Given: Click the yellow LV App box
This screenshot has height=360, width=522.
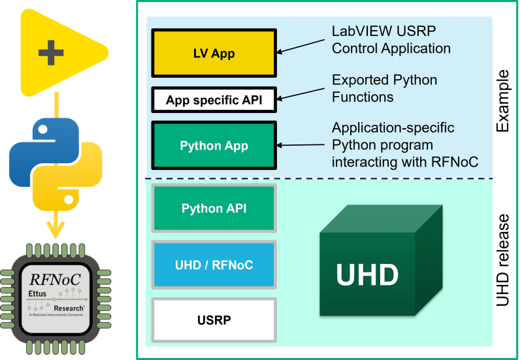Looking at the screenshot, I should point(214,53).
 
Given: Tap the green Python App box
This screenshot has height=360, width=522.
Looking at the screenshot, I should point(214,145).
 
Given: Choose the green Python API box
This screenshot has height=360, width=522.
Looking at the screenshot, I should point(214,208).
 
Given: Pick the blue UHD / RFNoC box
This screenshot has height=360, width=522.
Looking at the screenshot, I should point(214,265).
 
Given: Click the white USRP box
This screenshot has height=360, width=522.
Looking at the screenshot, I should point(214,320).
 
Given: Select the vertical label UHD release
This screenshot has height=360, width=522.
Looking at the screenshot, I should point(502,261).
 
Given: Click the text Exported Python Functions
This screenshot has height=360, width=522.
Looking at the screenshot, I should point(384,89).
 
